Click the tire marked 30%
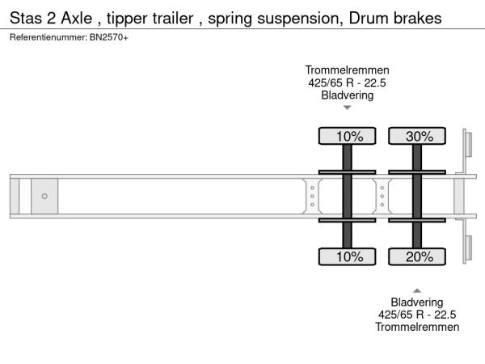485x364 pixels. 417,136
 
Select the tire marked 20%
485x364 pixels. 417,256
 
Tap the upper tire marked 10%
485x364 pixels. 347,136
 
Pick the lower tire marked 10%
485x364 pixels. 347,256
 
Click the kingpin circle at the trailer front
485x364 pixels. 44,197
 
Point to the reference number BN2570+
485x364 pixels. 109,37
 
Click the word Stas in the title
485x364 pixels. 26,19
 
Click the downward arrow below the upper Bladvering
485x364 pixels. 348,108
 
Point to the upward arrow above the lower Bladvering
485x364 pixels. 417,290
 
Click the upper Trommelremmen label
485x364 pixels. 347,70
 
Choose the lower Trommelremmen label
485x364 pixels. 417,327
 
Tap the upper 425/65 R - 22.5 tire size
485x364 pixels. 347,83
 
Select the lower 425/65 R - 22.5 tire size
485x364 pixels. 417,315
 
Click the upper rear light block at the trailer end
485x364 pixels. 469,144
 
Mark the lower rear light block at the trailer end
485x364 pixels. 469,248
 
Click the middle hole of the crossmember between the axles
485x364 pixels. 382,197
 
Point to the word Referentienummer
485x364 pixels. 48,37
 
